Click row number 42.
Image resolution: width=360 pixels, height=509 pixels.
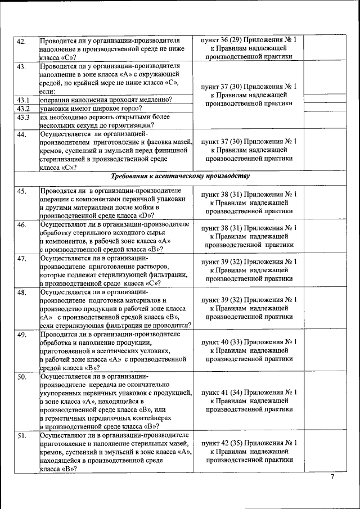(x=21, y=41)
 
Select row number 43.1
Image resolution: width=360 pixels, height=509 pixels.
(x=23, y=100)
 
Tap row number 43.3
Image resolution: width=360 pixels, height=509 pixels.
(x=23, y=117)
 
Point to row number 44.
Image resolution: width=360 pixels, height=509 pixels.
(x=21, y=134)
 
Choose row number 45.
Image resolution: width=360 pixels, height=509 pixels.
(x=21, y=192)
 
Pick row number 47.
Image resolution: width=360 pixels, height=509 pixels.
(x=21, y=259)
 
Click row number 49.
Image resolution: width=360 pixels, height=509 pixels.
(x=21, y=335)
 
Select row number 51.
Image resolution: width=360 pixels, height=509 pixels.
(x=21, y=435)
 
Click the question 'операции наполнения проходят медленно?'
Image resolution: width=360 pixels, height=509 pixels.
(x=106, y=100)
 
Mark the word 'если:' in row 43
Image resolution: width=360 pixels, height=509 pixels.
(x=47, y=91)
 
